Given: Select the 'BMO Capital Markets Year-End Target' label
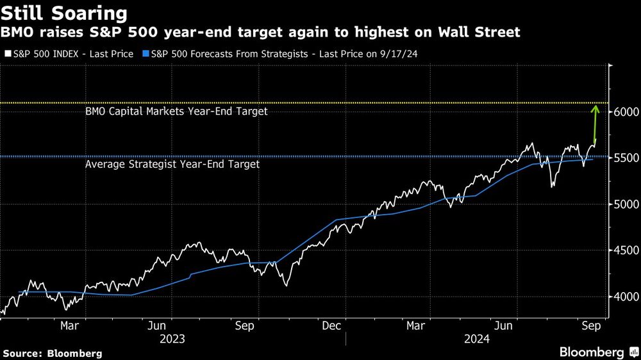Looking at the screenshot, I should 176,111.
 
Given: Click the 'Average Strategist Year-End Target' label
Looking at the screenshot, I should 172,165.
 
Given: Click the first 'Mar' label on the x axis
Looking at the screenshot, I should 69,326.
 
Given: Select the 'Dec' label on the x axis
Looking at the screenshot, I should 331,326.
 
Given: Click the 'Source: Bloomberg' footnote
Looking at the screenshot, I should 53,353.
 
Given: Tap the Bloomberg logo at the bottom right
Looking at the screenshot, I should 592,352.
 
